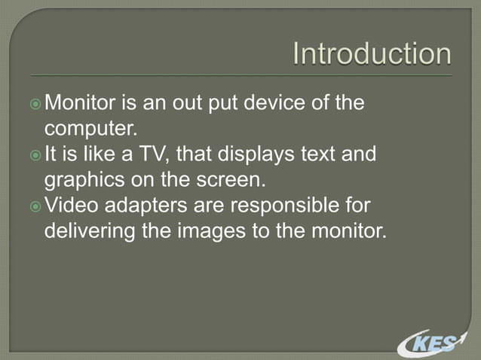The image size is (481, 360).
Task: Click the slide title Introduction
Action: click(372, 53)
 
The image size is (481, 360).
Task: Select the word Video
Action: click(72, 205)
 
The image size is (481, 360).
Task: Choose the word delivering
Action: click(92, 230)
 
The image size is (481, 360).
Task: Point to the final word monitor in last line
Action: click(347, 230)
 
